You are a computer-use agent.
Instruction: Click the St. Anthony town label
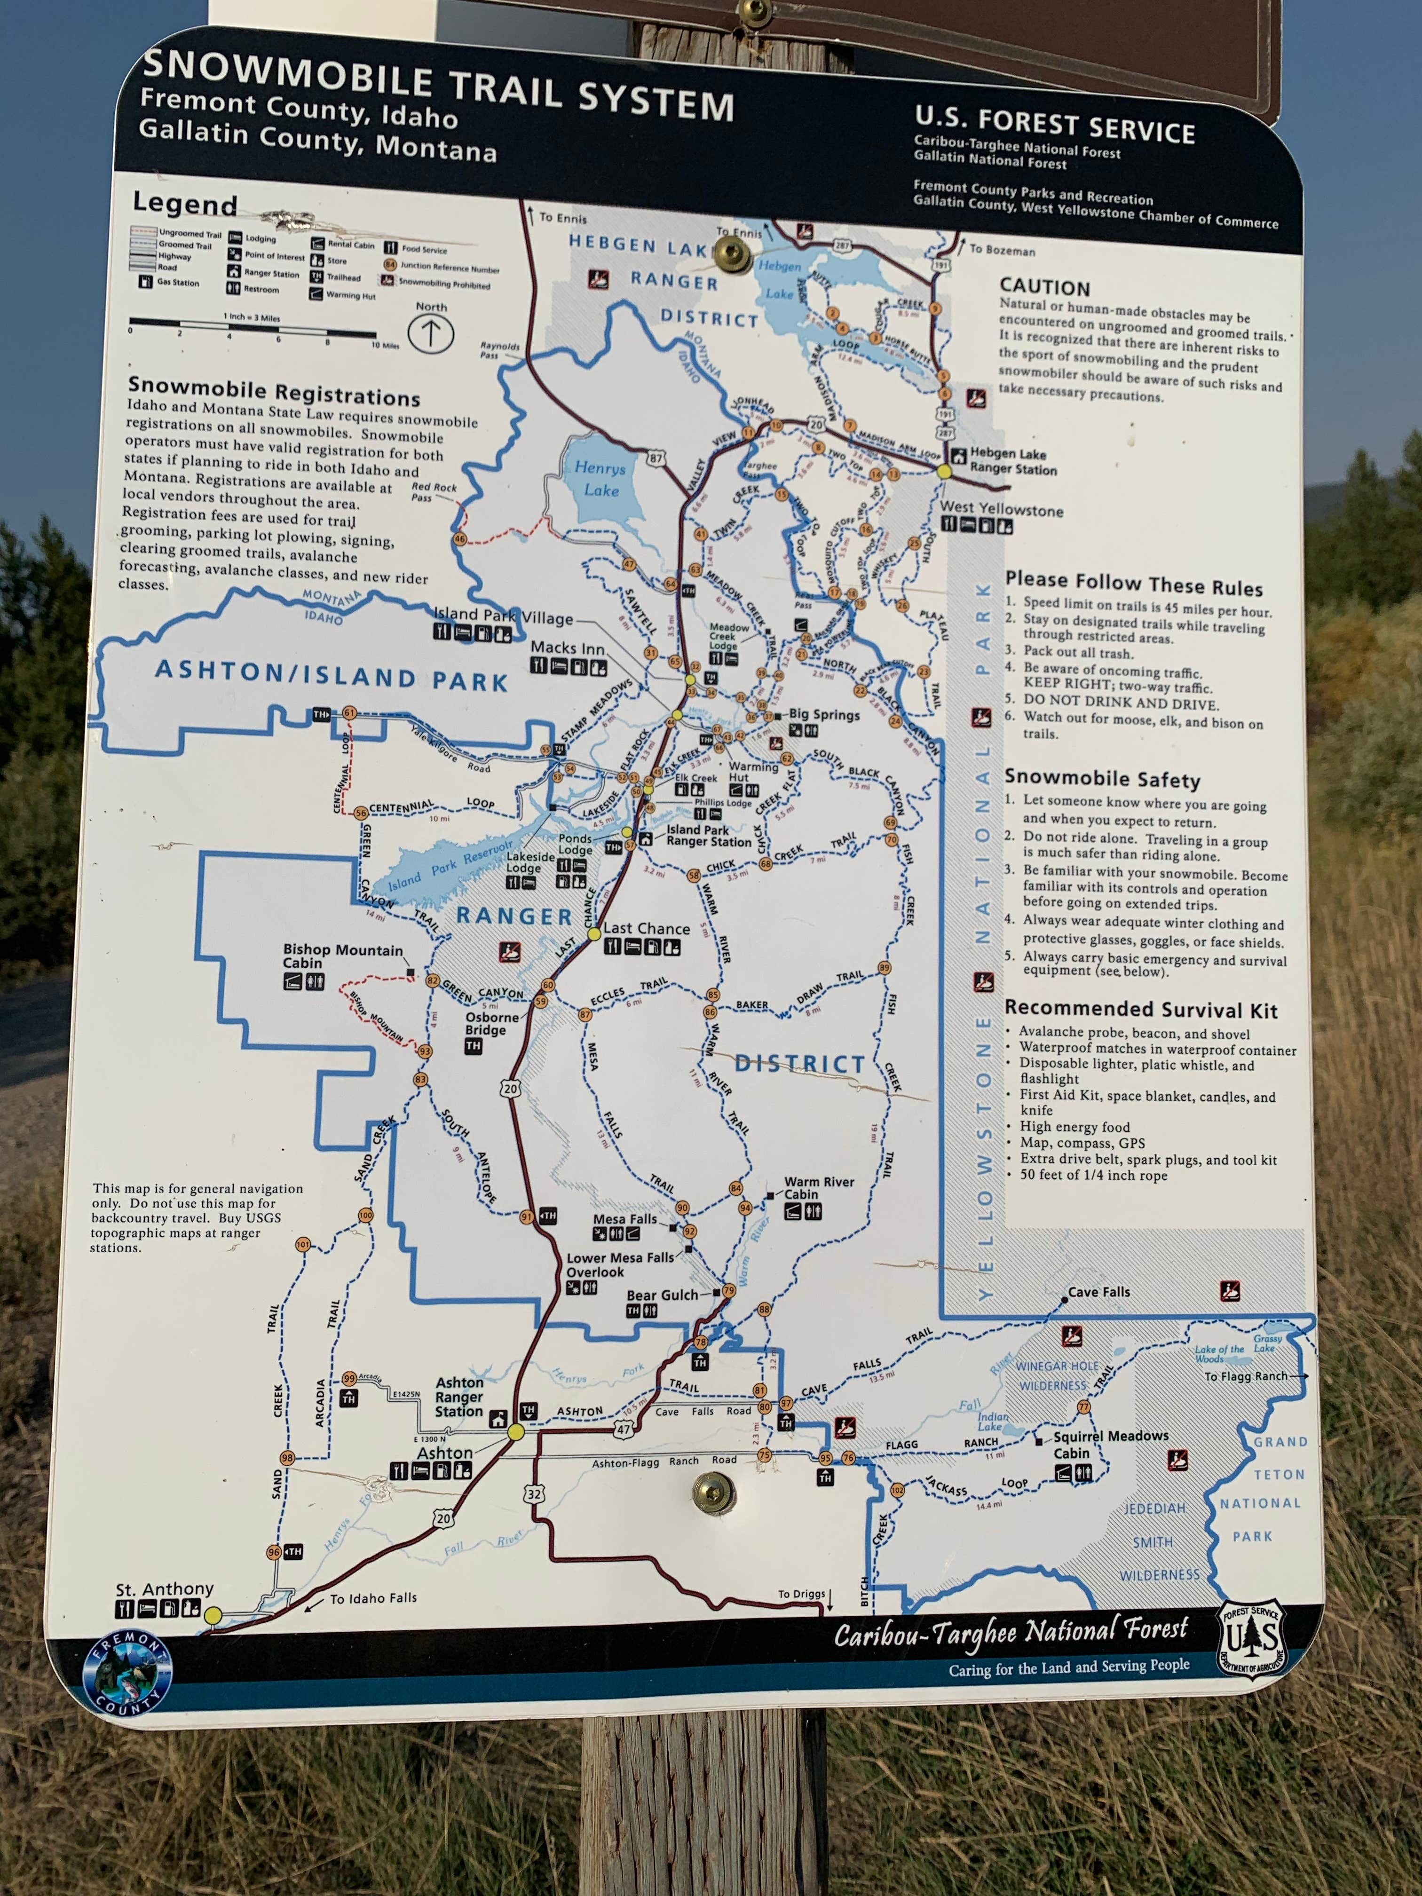(x=165, y=1588)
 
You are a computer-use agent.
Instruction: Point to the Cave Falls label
(x=1099, y=1292)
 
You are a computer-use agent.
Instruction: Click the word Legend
(x=184, y=204)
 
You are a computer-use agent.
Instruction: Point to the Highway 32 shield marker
(x=534, y=1494)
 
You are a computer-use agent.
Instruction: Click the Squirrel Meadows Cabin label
(x=1110, y=1444)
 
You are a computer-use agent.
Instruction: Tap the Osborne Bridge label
(x=492, y=1023)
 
